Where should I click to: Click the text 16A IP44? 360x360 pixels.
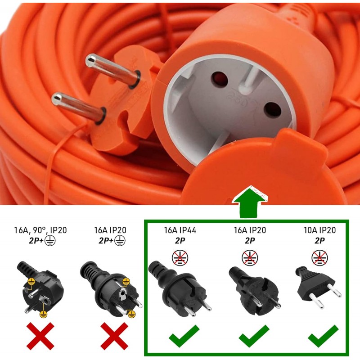tap(180, 230)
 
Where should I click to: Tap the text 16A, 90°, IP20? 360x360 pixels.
tap(40, 230)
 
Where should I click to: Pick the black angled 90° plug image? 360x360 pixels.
tap(38, 286)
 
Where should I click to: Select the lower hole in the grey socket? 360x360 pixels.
tap(271, 109)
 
